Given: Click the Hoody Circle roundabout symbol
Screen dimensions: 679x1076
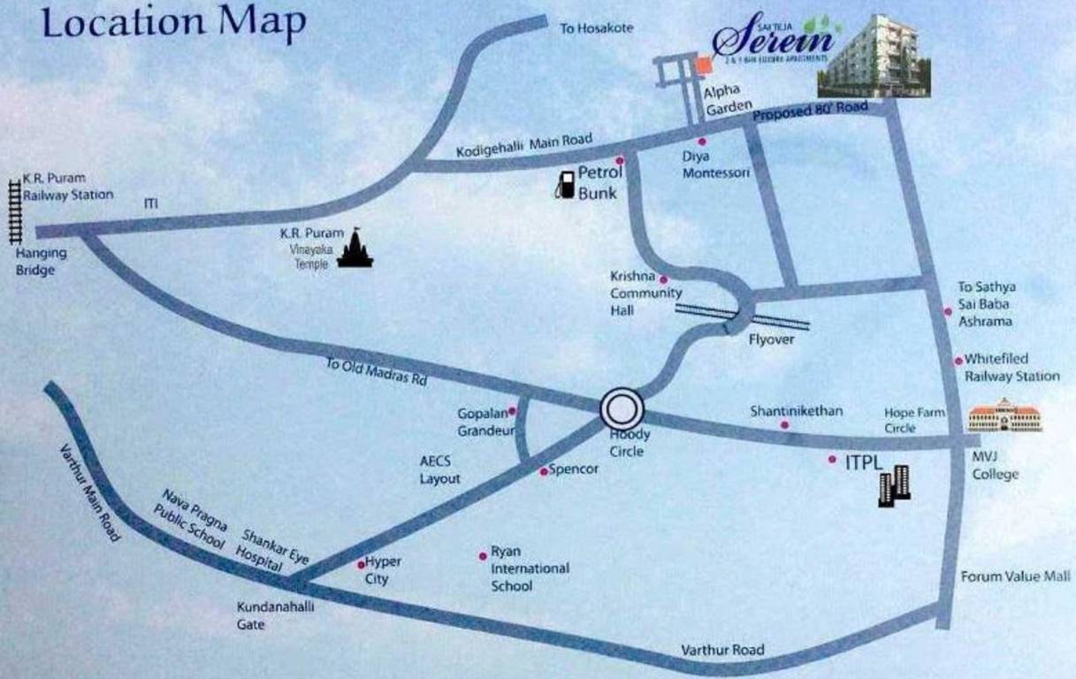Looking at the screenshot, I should pyautogui.click(x=622, y=409).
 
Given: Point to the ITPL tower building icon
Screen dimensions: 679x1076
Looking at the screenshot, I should pyautogui.click(x=894, y=484).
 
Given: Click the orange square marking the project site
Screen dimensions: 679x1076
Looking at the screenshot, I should pyautogui.click(x=704, y=65).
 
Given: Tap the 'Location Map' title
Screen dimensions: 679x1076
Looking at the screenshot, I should pyautogui.click(x=173, y=24).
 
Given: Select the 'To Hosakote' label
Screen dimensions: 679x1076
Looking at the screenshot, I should pyautogui.click(x=597, y=28).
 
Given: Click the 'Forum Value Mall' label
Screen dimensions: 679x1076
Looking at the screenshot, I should pyautogui.click(x=1016, y=576).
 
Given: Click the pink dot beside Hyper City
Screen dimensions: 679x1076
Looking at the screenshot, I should pyautogui.click(x=361, y=564).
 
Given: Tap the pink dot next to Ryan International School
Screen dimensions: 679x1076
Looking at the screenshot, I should pyautogui.click(x=483, y=555).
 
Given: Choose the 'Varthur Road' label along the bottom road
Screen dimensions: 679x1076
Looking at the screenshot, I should pyautogui.click(x=722, y=650).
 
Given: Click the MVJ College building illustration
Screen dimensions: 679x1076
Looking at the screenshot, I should pyautogui.click(x=1005, y=416).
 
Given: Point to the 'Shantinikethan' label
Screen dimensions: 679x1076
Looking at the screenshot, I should pyautogui.click(x=797, y=411).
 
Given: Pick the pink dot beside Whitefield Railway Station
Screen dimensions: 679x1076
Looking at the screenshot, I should pyautogui.click(x=958, y=361).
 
